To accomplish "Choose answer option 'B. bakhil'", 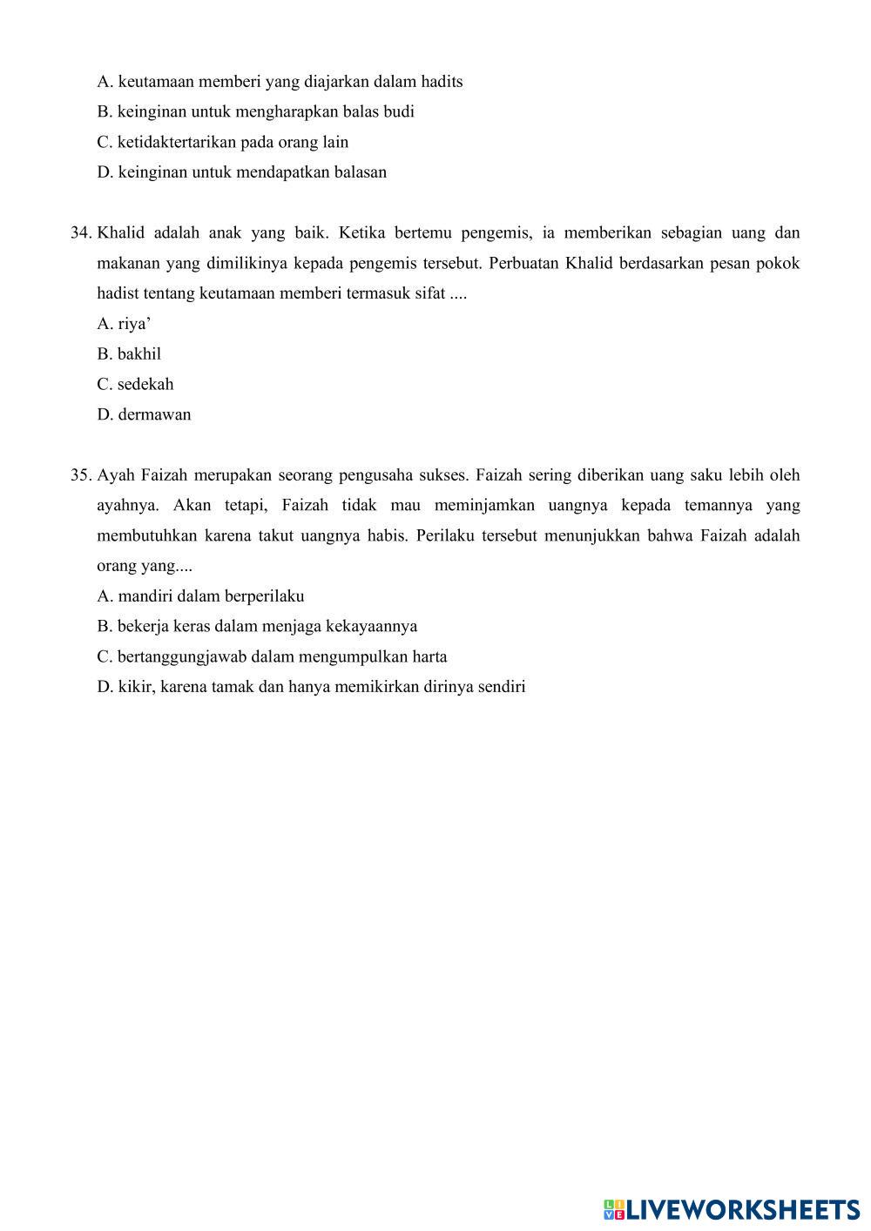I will [x=129, y=354].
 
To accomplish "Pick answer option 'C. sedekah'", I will [x=135, y=384].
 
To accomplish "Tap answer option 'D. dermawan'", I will [x=144, y=414].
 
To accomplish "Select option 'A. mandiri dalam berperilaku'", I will [x=200, y=596].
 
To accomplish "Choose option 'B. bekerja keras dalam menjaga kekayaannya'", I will [x=257, y=627].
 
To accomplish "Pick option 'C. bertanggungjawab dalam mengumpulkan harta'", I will [x=272, y=657].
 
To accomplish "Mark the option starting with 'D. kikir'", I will [x=311, y=687].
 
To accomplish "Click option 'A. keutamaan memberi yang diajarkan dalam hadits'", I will [x=280, y=82].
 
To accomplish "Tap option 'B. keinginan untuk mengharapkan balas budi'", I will [x=255, y=111].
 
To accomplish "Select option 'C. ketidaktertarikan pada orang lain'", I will [x=222, y=142].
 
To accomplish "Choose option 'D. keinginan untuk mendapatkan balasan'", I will [x=241, y=172].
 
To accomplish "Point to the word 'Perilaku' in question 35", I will [x=445, y=535].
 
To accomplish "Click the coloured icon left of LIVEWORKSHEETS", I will [x=613, y=1209].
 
